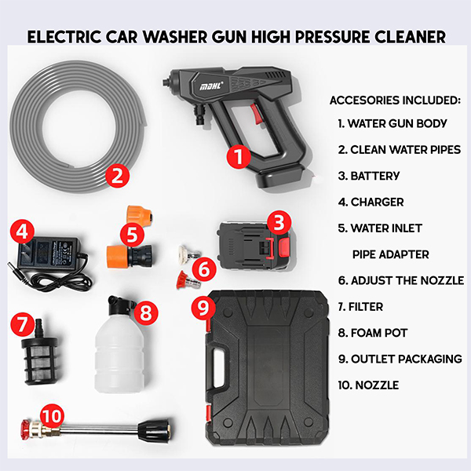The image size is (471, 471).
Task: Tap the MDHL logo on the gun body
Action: pos(212,86)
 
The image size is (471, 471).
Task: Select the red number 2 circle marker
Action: pos(118,176)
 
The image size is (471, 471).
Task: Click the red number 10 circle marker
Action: pos(53,416)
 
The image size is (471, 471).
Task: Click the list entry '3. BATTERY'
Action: pos(369,176)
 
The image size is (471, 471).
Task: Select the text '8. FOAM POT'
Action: pos(372,333)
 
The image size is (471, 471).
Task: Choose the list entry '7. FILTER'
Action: pos(360,307)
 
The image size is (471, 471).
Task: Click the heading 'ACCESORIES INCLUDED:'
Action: pos(395,100)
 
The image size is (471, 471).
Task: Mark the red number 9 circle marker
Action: pos(203,307)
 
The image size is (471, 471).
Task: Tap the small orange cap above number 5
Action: pos(140,216)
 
